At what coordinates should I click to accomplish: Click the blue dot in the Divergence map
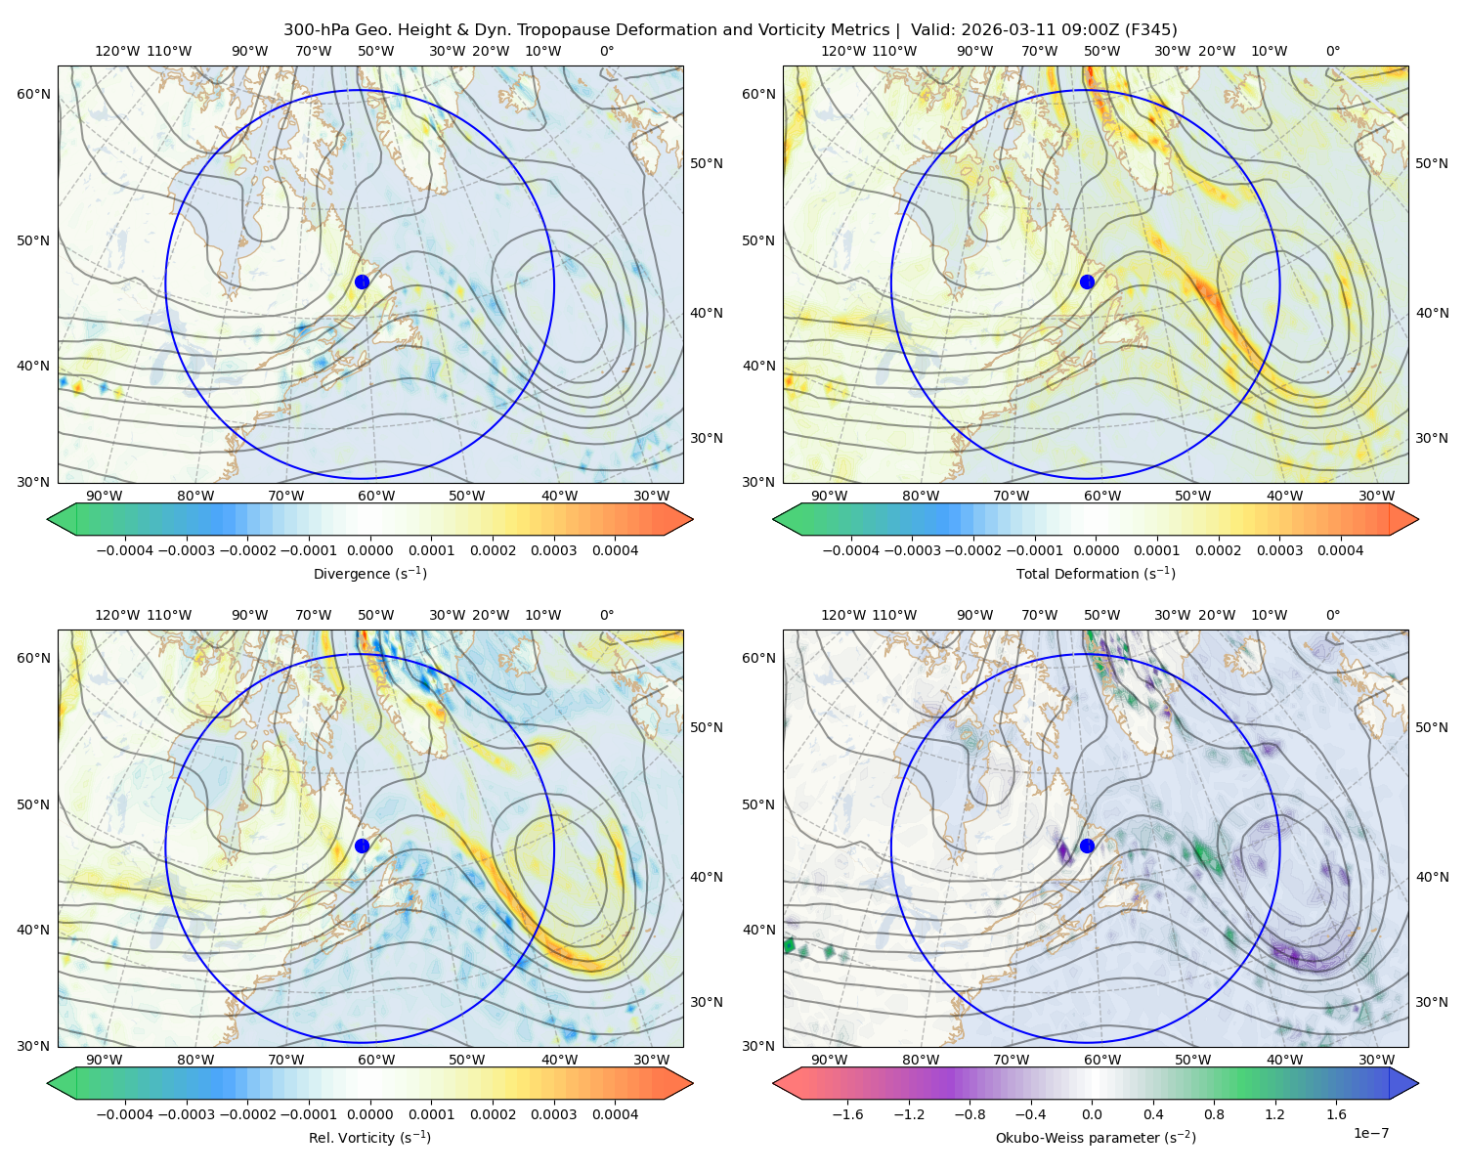pos(362,282)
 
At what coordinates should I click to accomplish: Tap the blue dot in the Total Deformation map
pos(1087,282)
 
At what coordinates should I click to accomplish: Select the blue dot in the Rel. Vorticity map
pos(362,846)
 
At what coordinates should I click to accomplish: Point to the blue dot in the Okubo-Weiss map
pos(1087,846)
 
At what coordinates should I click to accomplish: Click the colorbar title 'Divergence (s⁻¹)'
pos(369,573)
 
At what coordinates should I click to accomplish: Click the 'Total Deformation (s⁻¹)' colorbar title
pos(1096,573)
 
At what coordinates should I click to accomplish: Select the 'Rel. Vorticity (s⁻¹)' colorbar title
pos(369,1137)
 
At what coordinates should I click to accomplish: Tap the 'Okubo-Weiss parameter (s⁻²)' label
pos(1096,1137)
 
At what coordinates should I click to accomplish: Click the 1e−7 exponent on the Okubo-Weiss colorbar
pos(1370,1133)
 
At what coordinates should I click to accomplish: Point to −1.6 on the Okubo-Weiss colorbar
pos(847,1114)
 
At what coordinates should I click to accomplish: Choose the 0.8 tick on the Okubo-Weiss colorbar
pos(1214,1114)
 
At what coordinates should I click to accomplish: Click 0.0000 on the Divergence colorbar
pos(369,550)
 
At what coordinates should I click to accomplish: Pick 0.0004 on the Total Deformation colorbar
pos(1340,550)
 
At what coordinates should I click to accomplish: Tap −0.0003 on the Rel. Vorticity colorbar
pos(186,1114)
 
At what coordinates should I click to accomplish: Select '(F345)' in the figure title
pos(1150,30)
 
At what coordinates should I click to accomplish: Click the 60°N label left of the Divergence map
pos(33,94)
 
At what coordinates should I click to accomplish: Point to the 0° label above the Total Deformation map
pos(1332,51)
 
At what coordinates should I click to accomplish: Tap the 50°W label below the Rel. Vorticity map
pos(466,1060)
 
